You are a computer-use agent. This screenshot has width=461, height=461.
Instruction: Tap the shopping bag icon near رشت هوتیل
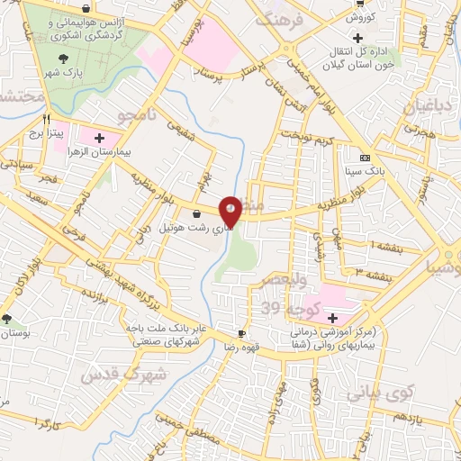(x=197, y=213)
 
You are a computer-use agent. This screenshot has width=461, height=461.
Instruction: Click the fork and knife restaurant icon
(x=46, y=117)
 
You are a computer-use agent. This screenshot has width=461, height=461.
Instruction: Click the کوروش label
(x=359, y=17)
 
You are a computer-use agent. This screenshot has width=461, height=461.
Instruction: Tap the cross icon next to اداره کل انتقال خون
(x=358, y=38)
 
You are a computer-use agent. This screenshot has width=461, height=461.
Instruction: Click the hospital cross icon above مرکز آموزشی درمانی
(x=332, y=317)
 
